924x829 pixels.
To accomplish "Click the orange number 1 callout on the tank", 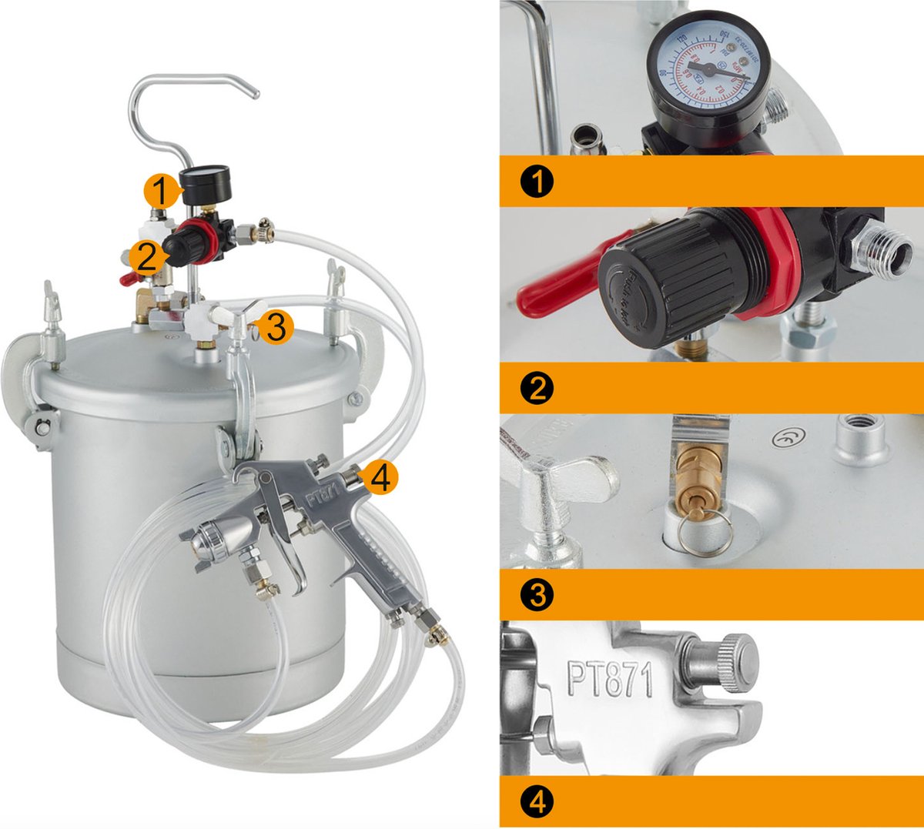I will coord(159,191).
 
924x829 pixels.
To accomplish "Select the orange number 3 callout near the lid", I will coord(275,327).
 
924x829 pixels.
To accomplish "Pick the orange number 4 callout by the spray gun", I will coord(381,479).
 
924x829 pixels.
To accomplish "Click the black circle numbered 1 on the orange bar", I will coord(537,182).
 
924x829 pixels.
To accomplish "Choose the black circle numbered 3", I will coord(537,595).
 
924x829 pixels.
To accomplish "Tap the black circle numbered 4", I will coord(537,802).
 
